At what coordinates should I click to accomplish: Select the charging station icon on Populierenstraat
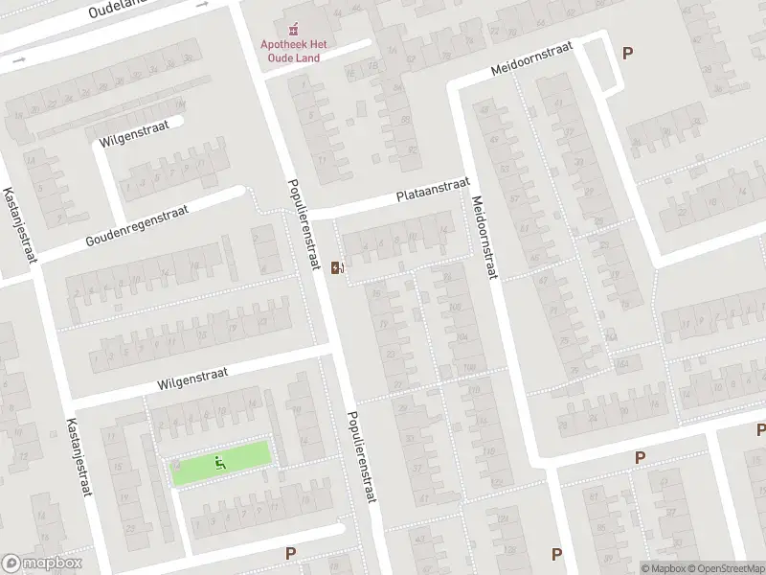click(x=336, y=268)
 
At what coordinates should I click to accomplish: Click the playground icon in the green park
click(x=221, y=464)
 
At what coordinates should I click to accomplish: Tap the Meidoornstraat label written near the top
click(x=530, y=58)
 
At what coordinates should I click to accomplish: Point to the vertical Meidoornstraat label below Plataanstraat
click(x=484, y=239)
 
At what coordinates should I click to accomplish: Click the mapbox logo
click(x=42, y=563)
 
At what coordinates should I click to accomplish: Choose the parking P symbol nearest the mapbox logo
click(x=290, y=553)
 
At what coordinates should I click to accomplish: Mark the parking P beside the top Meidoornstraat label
click(x=627, y=54)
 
